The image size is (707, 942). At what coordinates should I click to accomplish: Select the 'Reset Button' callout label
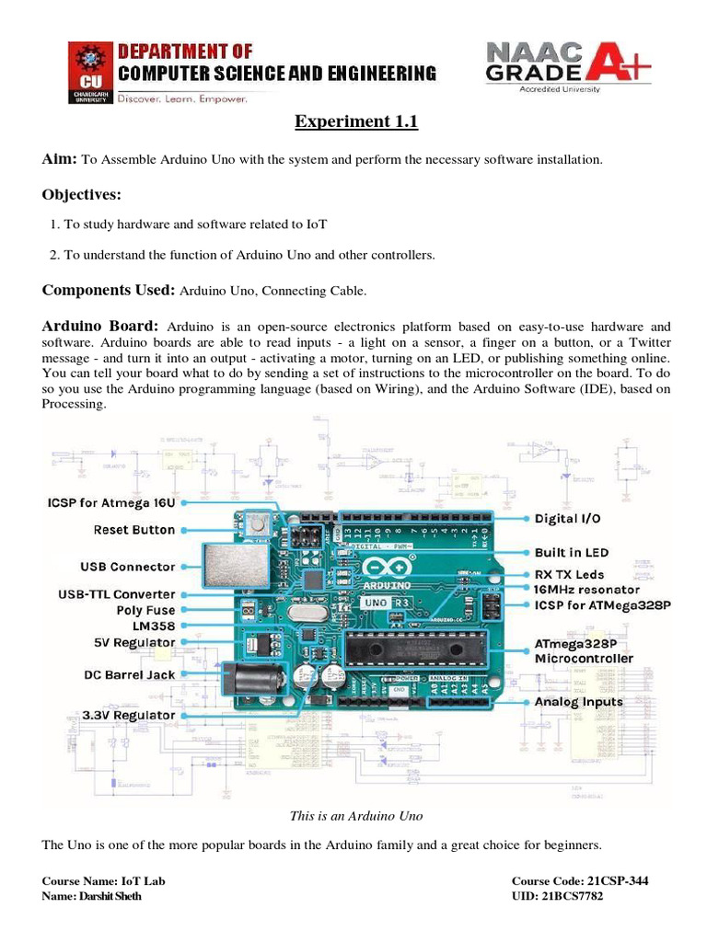point(133,530)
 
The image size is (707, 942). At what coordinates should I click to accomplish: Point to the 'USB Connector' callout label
point(129,567)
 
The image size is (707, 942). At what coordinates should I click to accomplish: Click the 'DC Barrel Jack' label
point(129,674)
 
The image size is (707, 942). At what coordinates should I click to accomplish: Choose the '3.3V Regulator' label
point(130,715)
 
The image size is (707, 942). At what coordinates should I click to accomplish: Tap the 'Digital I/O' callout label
point(567,519)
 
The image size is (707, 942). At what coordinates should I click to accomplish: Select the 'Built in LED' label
point(571,553)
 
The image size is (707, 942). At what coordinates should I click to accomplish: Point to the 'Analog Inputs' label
point(579,702)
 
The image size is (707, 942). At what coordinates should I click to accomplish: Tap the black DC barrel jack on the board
point(253,682)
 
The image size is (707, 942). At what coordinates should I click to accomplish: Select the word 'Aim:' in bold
point(61,159)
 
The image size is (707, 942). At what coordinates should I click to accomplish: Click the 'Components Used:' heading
point(109,291)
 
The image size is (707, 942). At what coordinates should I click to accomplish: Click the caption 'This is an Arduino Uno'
point(355,816)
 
